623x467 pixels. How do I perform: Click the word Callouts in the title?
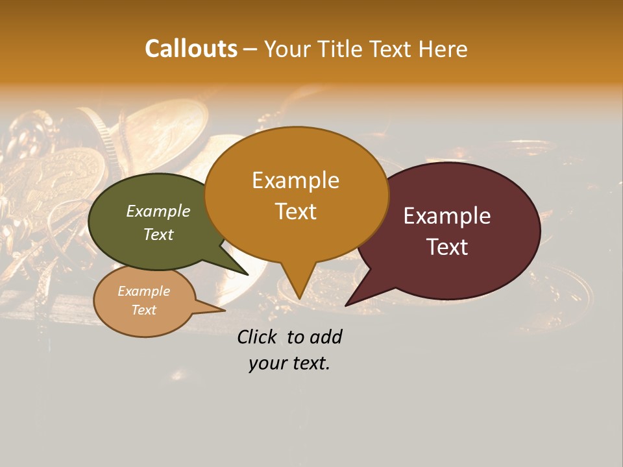(191, 49)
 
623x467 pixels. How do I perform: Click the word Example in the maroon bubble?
(447, 216)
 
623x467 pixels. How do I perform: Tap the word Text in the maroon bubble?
(447, 247)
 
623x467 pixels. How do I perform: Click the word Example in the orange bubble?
(295, 180)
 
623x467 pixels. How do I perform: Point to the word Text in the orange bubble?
(295, 211)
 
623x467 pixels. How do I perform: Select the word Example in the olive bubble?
(158, 211)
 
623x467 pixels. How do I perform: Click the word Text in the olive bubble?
(158, 234)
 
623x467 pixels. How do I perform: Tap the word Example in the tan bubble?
(143, 291)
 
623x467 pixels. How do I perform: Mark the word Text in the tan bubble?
(143, 310)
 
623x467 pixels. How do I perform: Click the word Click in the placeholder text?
(258, 337)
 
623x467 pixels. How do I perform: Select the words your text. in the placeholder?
(289, 363)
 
